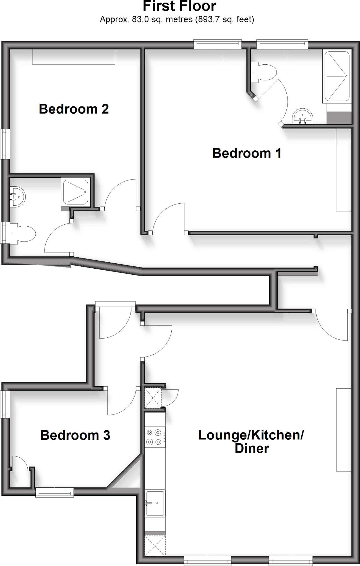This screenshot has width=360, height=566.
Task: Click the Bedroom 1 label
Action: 247,153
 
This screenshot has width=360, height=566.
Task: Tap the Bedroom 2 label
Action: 74,109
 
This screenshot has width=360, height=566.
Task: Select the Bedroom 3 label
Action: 75,435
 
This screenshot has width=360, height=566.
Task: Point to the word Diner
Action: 252,449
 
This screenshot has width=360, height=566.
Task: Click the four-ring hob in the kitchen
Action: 154,437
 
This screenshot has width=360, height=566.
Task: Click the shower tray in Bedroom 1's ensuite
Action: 337,76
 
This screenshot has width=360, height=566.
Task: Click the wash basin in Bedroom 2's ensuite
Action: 17,197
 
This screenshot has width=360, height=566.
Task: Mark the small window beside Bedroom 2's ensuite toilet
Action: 4,233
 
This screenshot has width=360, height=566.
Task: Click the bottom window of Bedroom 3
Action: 54,492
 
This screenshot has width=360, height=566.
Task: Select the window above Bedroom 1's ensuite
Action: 282,44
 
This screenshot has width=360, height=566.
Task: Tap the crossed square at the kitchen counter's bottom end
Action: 155,545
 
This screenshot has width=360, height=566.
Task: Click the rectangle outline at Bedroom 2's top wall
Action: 74,57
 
